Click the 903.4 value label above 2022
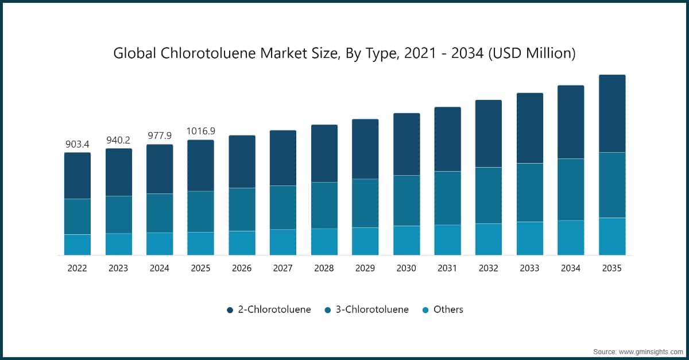[77, 144]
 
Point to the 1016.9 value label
[201, 131]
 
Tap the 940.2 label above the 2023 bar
[118, 140]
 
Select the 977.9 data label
[160, 136]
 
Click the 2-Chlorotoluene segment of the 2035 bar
[612, 114]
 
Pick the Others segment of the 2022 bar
[78, 245]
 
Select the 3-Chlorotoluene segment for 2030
[407, 200]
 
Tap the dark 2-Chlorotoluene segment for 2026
[242, 161]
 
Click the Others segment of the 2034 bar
[571, 238]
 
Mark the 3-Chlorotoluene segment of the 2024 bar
[160, 213]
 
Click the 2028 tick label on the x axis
[324, 268]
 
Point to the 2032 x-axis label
[489, 268]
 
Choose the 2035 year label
[612, 268]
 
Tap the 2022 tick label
[77, 268]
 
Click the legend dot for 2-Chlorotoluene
[230, 310]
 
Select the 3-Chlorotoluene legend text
[372, 309]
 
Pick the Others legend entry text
[448, 309]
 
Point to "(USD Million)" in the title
[532, 53]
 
